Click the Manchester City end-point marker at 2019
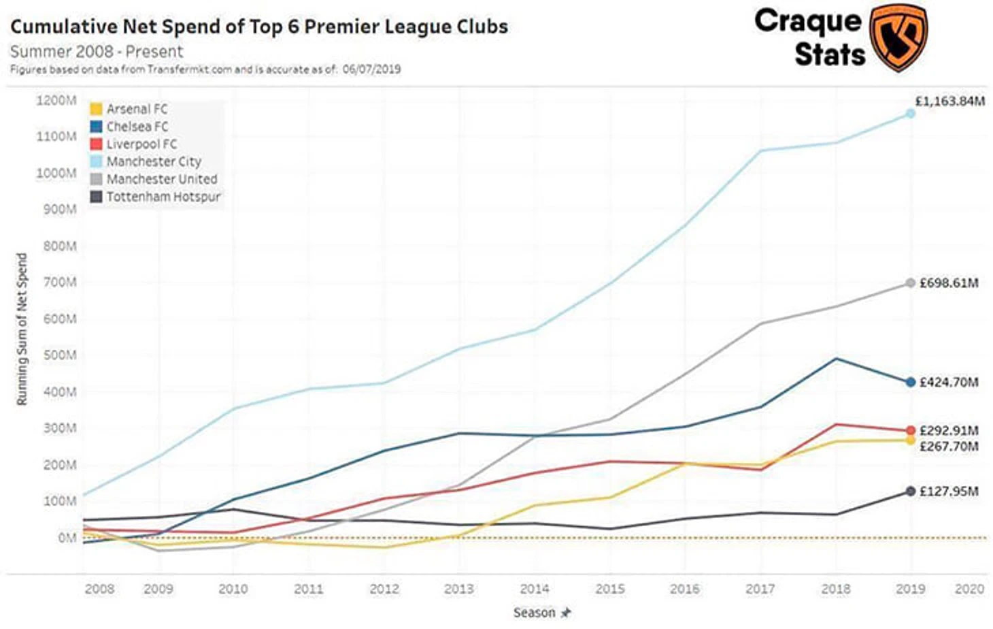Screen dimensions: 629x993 pos(910,114)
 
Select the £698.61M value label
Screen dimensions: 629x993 pos(949,283)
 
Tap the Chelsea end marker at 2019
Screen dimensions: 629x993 pos(910,383)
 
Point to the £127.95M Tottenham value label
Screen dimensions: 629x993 pos(949,491)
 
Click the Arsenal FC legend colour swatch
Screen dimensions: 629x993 pos(97,109)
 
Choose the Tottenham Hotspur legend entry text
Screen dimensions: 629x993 pos(163,197)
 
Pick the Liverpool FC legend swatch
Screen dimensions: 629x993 pos(97,144)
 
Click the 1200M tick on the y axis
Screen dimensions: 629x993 pos(56,101)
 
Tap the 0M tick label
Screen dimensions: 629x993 pos(67,538)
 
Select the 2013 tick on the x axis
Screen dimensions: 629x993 pos(458,589)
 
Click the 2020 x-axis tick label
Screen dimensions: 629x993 pos(969,589)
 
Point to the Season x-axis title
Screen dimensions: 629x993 pos(535,613)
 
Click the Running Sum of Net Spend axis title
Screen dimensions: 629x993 pos(22,329)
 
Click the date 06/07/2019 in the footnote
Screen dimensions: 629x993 pos(371,69)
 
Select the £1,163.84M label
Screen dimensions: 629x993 pos(949,101)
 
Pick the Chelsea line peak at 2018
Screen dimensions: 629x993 pos(836,359)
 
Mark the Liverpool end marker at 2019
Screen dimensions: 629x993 pos(910,431)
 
